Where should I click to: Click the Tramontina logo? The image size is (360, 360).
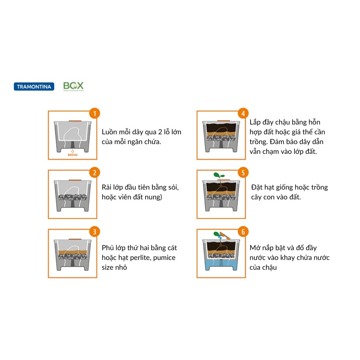tap(34, 87)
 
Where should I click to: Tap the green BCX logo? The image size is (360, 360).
tap(73, 86)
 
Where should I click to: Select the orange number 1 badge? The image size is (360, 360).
tap(94, 113)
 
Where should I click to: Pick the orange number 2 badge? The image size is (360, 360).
tap(94, 172)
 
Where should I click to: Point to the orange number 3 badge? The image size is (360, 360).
tap(94, 232)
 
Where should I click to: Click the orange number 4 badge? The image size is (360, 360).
tap(243, 113)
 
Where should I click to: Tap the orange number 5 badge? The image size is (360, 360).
tap(243, 172)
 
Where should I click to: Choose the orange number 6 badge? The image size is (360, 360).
tap(243, 232)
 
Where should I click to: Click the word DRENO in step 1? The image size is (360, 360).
tap(73, 155)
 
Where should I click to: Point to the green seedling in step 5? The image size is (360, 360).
tap(219, 177)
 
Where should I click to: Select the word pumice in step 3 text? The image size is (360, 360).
tap(164, 258)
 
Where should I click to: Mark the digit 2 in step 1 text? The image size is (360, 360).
tap(160, 132)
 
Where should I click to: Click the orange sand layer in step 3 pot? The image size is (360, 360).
tap(73, 252)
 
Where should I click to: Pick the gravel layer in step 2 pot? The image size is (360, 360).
tap(73, 197)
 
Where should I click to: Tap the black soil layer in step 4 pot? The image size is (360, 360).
tap(221, 128)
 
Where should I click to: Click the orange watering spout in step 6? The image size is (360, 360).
tap(225, 235)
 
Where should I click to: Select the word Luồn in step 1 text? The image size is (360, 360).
tap(109, 132)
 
